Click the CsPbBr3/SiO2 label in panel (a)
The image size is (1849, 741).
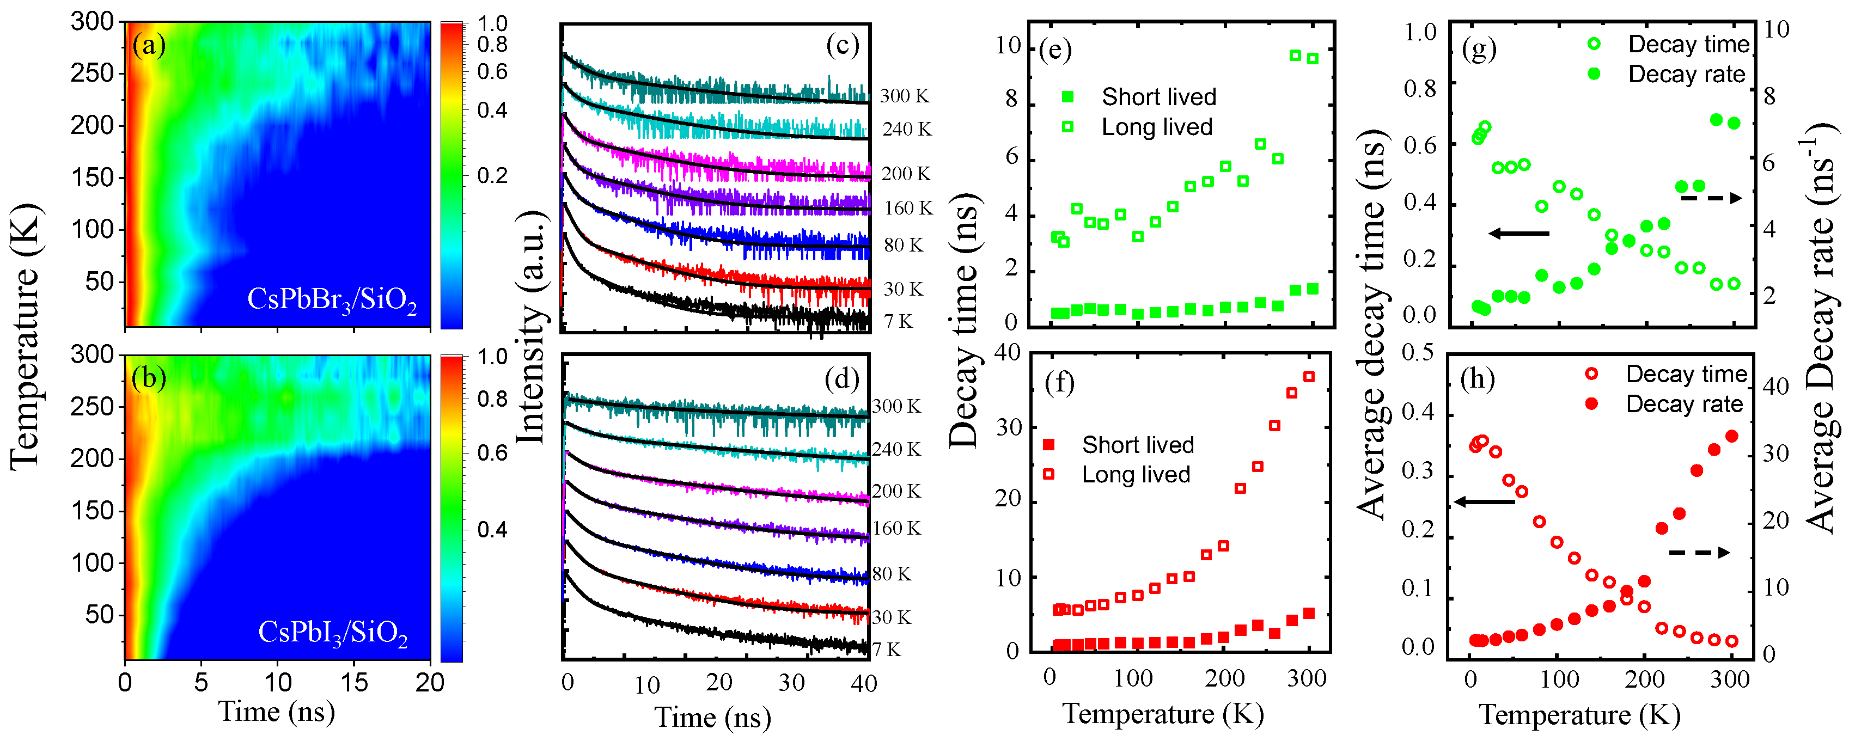coord(332,300)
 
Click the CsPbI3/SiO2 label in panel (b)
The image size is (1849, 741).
coord(332,633)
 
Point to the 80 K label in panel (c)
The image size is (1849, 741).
coord(903,246)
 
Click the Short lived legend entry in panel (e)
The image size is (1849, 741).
coord(1158,97)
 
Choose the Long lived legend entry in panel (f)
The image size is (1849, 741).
coord(1136,475)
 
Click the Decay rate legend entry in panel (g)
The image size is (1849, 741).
coord(1686,75)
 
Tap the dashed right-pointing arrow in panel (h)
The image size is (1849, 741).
coord(1699,552)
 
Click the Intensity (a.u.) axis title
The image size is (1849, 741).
coord(531,326)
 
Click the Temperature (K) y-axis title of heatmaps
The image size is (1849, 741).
coord(25,337)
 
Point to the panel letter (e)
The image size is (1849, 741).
coord(1054,50)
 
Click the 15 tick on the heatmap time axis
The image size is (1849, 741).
coord(354,682)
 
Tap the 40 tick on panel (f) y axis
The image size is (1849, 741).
coord(1007,352)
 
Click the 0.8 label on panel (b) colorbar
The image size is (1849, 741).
coord(492,399)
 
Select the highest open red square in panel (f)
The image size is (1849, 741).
coord(1309,377)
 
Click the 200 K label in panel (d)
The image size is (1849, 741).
coord(896,492)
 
